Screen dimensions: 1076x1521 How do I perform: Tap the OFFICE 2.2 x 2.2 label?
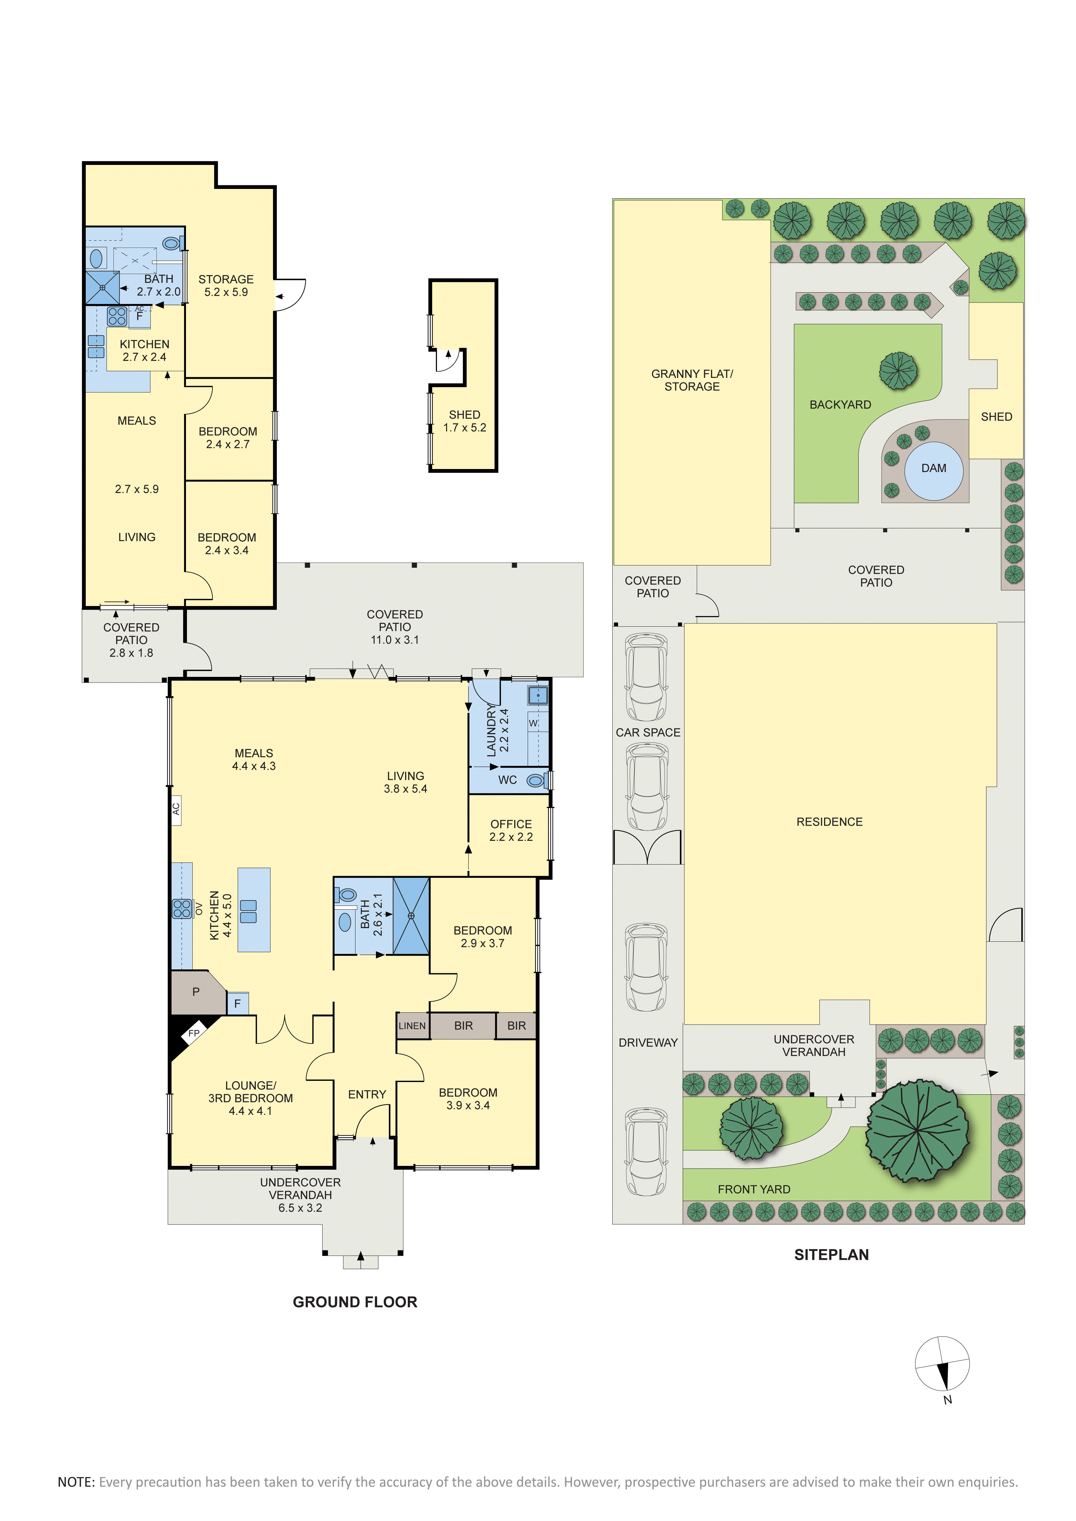[x=511, y=830]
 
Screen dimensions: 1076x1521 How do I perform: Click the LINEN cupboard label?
[x=412, y=1026]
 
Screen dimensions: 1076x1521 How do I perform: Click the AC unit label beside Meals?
[x=176, y=810]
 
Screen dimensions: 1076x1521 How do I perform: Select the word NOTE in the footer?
[x=76, y=1482]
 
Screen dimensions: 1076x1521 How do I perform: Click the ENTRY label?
[x=367, y=1095]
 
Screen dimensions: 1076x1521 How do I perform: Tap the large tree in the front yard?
[x=918, y=1131]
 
